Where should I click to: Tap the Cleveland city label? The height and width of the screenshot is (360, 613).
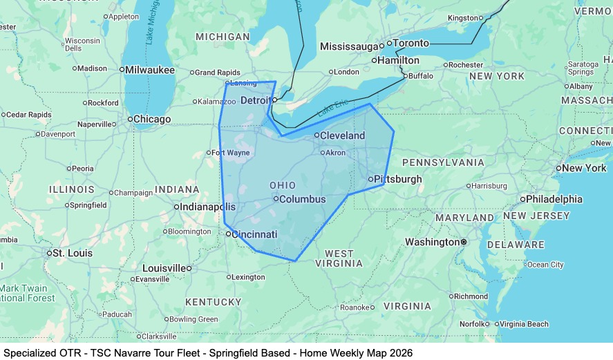pos(342,135)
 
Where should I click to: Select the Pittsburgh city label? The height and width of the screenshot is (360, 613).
pos(398,179)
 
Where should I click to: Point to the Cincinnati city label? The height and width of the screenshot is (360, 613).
pos(254,234)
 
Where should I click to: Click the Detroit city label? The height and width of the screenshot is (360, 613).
pos(256,101)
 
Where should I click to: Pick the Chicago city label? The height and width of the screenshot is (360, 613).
pos(151,120)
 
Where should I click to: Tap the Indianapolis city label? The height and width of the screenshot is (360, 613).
pos(207,207)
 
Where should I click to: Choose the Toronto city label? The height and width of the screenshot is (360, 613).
pos(411,43)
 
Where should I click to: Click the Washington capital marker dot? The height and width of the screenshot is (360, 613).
pos(464,242)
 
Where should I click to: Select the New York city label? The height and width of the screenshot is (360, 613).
pos(584,168)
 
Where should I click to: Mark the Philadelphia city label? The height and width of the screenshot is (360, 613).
pos(554,199)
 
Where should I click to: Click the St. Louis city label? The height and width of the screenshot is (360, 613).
pos(72,253)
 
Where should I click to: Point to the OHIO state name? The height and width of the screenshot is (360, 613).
pos(282,185)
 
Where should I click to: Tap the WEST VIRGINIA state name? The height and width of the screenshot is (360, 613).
pos(339,258)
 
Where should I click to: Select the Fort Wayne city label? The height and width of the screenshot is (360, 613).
pos(230,153)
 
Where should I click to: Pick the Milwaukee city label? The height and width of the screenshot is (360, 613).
pos(149,70)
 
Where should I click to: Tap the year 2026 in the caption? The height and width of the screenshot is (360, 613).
pos(400,352)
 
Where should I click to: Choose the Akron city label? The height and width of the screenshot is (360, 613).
pos(335,152)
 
